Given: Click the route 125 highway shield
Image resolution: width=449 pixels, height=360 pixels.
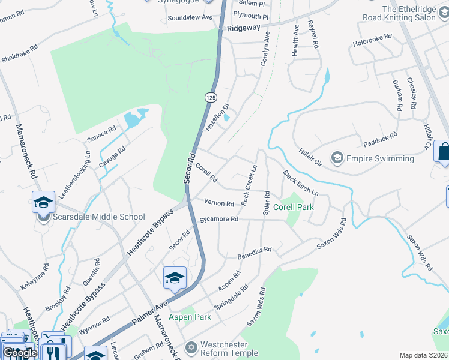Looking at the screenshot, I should pos(210,97).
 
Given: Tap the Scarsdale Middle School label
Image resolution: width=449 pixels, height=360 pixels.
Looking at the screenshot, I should pos(99,217).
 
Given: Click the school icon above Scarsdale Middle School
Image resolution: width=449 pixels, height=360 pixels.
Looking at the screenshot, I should pos(44,203).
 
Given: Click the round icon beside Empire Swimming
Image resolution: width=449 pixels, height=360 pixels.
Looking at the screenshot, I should pos(337,158).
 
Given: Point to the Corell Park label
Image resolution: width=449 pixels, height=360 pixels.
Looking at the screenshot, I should pos(293,207).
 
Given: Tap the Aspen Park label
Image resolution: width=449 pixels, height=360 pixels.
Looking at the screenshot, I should pos(190,317).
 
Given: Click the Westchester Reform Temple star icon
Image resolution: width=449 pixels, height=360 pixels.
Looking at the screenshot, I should pos(191,347).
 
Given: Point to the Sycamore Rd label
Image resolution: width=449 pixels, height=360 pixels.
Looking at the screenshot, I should pos(219,220).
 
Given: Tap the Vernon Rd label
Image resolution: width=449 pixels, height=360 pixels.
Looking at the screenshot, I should pos(218,203).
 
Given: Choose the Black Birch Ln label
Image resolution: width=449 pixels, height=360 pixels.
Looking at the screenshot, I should pos(301,182).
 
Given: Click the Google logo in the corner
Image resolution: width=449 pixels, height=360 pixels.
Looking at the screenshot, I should pos(20,353).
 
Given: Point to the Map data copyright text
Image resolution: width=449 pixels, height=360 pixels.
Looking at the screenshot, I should pos(424,355).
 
